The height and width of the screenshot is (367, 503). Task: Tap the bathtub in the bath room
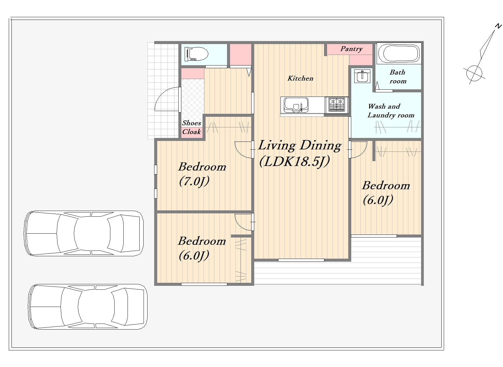(399, 53)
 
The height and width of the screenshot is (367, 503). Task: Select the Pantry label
(352, 49)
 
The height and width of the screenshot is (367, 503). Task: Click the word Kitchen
(300, 78)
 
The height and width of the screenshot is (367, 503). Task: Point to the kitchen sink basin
(296, 105)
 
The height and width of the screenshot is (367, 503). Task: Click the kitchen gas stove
(336, 105)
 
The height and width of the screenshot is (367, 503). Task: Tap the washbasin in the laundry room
(362, 76)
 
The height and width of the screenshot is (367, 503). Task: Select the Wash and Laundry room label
(391, 111)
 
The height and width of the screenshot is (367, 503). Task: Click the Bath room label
(398, 77)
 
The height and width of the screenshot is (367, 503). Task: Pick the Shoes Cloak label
(192, 127)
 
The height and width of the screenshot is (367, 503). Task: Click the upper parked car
(83, 233)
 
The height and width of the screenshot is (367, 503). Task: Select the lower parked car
(88, 307)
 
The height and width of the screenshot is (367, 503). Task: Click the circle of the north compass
(474, 73)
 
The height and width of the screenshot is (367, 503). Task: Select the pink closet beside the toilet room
(240, 55)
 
